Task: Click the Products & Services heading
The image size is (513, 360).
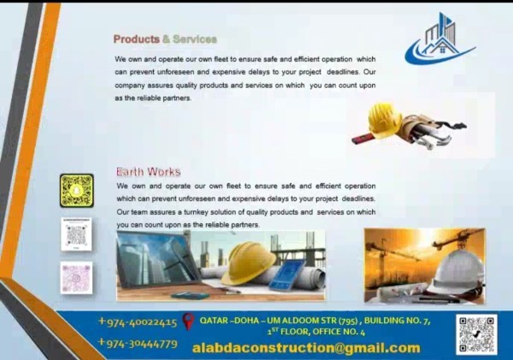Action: coord(165,39)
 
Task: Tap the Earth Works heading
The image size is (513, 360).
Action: coord(149,172)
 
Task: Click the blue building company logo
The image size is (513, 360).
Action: coord(439,38)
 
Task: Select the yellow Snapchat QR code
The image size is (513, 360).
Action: coord(77,191)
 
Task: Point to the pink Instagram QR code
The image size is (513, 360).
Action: coord(76,278)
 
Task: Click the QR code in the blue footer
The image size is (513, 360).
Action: coord(476,334)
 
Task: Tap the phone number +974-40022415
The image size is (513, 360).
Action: coord(138,322)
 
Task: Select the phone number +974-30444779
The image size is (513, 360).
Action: coord(138,343)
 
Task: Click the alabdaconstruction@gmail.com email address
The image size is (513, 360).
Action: coord(306,348)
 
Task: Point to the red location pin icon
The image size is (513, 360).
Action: coord(188,322)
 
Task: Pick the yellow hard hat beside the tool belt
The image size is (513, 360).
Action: coord(384,120)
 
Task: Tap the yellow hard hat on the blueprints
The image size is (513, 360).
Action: coord(248,263)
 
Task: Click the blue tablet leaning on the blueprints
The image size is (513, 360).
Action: coord(287,274)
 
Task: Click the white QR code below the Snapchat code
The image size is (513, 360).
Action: coord(76,234)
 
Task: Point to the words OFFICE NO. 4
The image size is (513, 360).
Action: coord(339,332)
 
